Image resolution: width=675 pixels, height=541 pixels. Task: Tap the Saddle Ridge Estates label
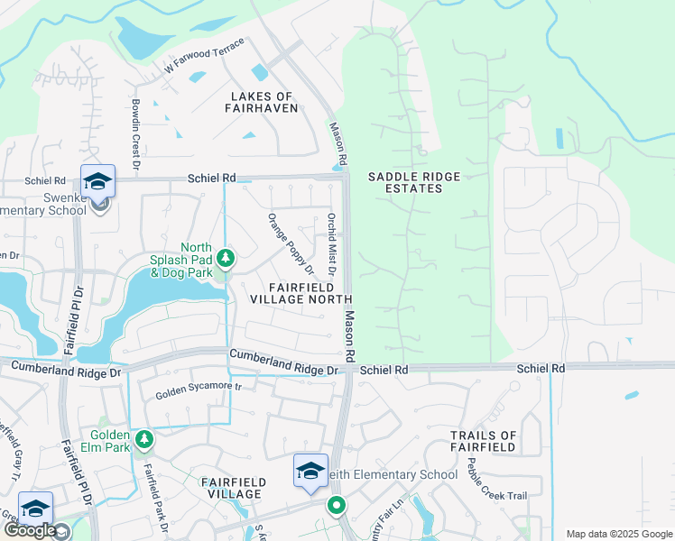point(405,182)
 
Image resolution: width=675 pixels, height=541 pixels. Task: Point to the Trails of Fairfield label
point(484,441)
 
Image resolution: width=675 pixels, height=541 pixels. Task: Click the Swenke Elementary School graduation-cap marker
point(97,181)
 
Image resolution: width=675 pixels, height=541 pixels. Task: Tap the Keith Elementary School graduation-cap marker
point(310,471)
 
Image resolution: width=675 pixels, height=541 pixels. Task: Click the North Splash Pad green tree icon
point(226,260)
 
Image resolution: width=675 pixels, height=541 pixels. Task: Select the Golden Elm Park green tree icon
point(144,439)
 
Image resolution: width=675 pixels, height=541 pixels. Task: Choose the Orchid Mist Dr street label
point(332,244)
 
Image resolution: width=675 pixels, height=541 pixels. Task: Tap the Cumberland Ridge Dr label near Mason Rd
point(283,363)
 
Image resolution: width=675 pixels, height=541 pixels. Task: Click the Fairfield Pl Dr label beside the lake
point(71,316)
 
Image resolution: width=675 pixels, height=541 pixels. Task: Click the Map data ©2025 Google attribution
point(618,534)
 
